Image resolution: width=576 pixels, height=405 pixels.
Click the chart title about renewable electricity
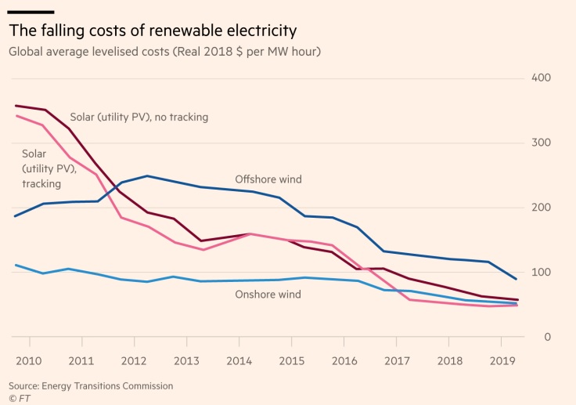tap(153, 32)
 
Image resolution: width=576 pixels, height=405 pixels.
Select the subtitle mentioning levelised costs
tap(164, 52)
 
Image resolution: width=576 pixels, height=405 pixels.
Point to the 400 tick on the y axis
tap(542, 78)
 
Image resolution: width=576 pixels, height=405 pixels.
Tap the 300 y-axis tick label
tap(542, 143)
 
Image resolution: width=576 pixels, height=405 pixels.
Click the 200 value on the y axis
tap(542, 208)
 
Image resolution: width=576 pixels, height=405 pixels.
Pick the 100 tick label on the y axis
tap(542, 273)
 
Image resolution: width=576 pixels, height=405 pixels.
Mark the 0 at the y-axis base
tap(548, 337)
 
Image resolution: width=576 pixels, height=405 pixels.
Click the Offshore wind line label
tap(268, 179)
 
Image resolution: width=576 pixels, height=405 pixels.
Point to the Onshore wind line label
tap(268, 295)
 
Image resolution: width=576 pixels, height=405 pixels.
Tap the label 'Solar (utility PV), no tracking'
tap(139, 118)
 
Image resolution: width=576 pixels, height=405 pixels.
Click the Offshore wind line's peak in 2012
tap(146, 176)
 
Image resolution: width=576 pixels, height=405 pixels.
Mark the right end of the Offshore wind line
tap(517, 279)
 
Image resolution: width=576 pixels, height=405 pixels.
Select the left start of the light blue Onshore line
tap(15, 265)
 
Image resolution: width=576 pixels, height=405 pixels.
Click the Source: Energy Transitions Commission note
tap(91, 385)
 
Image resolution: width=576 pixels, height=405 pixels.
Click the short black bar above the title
tap(31, 12)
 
